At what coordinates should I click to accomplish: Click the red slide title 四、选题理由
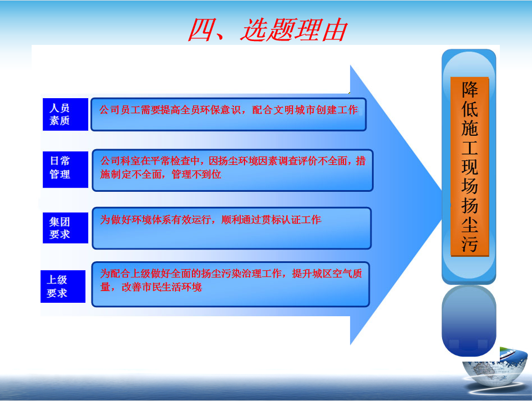point(268,30)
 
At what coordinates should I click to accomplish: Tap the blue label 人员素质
point(65,114)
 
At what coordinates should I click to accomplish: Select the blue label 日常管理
point(65,169)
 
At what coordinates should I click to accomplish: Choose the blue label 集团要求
point(65,228)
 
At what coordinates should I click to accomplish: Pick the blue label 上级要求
point(63,286)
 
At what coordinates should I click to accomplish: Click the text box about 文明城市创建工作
point(229,114)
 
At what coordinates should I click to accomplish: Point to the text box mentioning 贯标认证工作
point(232,228)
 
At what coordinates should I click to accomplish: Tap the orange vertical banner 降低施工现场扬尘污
point(469,166)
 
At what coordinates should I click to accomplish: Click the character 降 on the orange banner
point(469,89)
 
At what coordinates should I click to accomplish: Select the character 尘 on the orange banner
point(469,225)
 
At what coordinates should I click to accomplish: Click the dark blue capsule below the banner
point(469,321)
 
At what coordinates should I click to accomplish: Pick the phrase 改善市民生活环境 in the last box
point(161,287)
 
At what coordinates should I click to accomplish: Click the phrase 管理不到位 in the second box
point(196,174)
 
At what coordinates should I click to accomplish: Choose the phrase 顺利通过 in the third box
point(241,220)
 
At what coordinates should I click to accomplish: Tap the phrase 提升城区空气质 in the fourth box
point(327,273)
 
